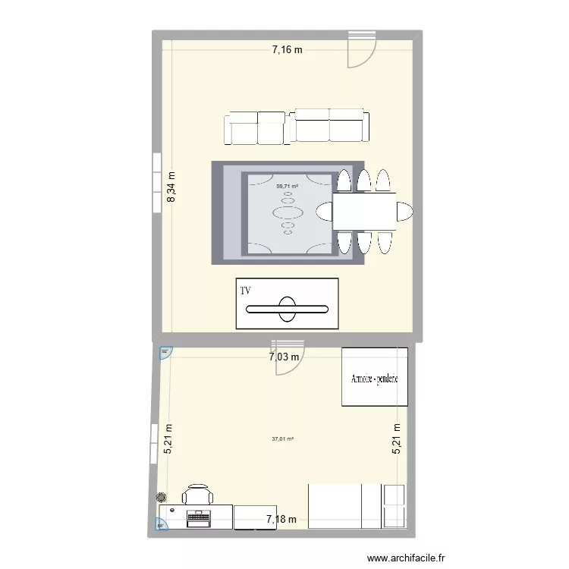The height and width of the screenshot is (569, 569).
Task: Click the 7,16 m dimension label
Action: click(288, 51)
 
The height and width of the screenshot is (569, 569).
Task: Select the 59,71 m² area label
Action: click(287, 186)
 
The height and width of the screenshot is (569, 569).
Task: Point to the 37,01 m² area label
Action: click(282, 438)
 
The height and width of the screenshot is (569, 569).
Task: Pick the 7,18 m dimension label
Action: click(280, 520)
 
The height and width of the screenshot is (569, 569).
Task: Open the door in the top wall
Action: click(361, 49)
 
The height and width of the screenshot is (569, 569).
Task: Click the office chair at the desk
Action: click(198, 494)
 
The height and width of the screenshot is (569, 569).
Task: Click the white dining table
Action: click(363, 211)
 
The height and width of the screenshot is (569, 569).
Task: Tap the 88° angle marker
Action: click(161, 524)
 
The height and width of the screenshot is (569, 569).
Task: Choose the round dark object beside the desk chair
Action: click(162, 498)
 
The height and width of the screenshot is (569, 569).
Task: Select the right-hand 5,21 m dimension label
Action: click(396, 438)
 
